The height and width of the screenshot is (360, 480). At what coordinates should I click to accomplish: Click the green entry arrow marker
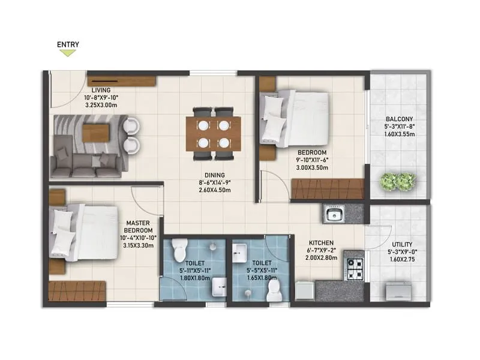click(68, 53)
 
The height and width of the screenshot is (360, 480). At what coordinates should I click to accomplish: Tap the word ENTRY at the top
click(68, 44)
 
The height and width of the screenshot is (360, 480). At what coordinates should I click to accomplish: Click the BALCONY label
click(398, 118)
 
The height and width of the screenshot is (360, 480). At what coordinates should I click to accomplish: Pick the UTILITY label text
click(398, 245)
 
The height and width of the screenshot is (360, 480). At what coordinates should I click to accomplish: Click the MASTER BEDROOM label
click(139, 226)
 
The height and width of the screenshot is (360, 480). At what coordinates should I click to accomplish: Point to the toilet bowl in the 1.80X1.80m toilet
click(179, 248)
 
